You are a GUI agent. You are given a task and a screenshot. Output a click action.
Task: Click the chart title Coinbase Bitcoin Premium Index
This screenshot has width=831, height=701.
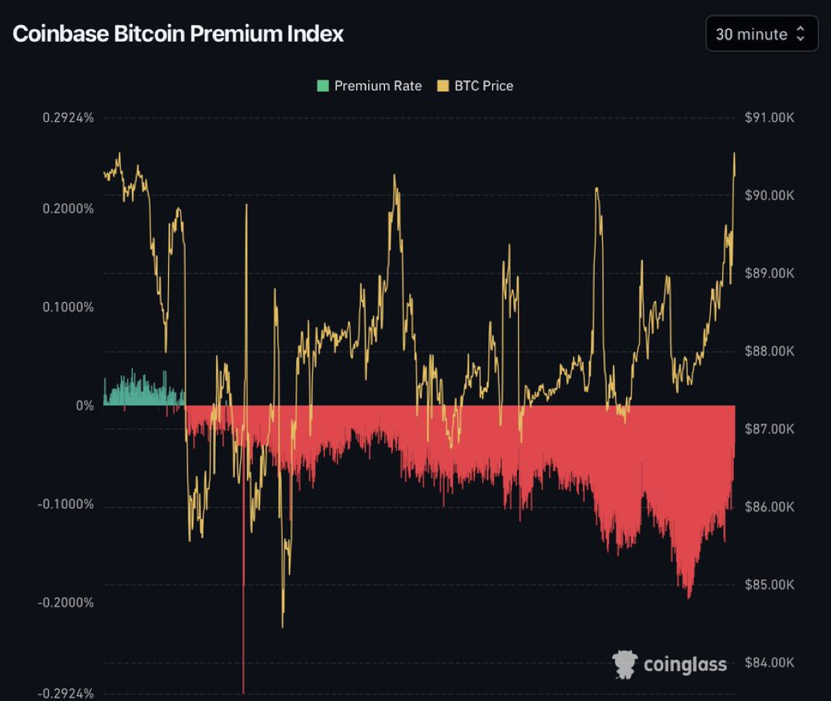pyautogui.click(x=178, y=34)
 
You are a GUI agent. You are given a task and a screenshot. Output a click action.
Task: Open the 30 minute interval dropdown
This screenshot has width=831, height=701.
pyautogui.click(x=761, y=34)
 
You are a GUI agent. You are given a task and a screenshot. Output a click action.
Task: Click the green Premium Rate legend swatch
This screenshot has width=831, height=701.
pyautogui.click(x=323, y=86)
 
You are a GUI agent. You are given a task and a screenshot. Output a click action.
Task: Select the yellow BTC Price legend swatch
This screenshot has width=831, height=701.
pyautogui.click(x=444, y=86)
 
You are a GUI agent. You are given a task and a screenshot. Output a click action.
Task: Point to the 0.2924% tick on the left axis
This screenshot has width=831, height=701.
pyautogui.click(x=68, y=118)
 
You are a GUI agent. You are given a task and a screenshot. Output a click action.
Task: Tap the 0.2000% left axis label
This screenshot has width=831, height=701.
pyautogui.click(x=68, y=208)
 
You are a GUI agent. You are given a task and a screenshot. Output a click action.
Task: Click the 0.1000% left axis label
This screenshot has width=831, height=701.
pyautogui.click(x=68, y=307)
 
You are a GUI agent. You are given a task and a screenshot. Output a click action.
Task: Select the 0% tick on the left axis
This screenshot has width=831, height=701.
pyautogui.click(x=85, y=405)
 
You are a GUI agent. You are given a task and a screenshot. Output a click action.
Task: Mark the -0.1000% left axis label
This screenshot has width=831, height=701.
pyautogui.click(x=66, y=504)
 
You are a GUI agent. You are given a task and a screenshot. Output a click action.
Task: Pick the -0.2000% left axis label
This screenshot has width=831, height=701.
pyautogui.click(x=66, y=602)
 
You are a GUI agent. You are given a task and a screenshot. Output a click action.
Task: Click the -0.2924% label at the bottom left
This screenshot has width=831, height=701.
pyautogui.click(x=66, y=693)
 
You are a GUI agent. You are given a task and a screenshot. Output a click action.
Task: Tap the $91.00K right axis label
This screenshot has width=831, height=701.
pyautogui.click(x=769, y=118)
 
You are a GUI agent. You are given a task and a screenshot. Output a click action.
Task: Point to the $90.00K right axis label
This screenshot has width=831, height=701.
pyautogui.click(x=769, y=195)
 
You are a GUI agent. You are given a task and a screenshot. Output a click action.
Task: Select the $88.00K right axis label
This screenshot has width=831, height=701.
pyautogui.click(x=769, y=351)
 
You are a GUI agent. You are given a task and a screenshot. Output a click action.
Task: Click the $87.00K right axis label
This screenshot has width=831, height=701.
pyautogui.click(x=769, y=429)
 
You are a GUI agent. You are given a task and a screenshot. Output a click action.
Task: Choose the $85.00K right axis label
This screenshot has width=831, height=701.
pyautogui.click(x=769, y=584)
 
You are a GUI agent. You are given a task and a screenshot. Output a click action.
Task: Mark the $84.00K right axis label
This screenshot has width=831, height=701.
pyautogui.click(x=769, y=662)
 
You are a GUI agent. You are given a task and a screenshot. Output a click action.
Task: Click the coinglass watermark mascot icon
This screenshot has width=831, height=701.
pyautogui.click(x=624, y=664)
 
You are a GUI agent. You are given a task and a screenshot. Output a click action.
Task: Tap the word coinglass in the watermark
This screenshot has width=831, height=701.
pyautogui.click(x=684, y=664)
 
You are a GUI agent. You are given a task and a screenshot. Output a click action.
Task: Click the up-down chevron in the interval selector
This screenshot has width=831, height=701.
pyautogui.click(x=801, y=34)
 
